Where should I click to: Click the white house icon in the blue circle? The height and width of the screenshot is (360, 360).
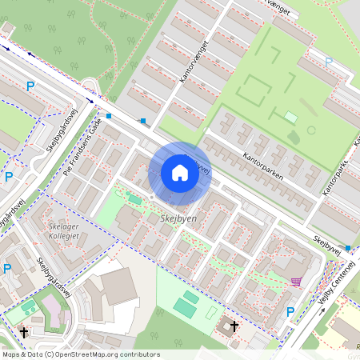pyautogui.click(x=180, y=173)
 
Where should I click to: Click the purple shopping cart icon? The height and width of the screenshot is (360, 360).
pyautogui.click(x=296, y=282)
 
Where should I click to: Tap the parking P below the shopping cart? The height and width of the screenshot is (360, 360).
pyautogui.click(x=290, y=311)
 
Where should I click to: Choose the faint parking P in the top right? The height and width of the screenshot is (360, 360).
pyautogui.click(x=328, y=61)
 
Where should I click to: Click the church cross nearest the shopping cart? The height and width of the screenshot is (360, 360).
pyautogui.click(x=234, y=326)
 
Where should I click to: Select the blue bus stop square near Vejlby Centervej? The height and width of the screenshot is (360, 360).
pyautogui.click(x=347, y=249)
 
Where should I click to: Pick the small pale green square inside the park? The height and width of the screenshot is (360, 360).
pyautogui.click(x=290, y=118)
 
